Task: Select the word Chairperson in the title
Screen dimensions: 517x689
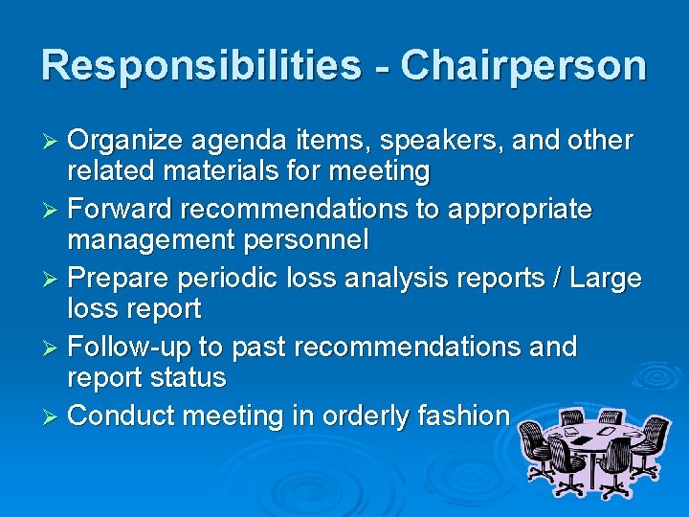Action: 523,66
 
